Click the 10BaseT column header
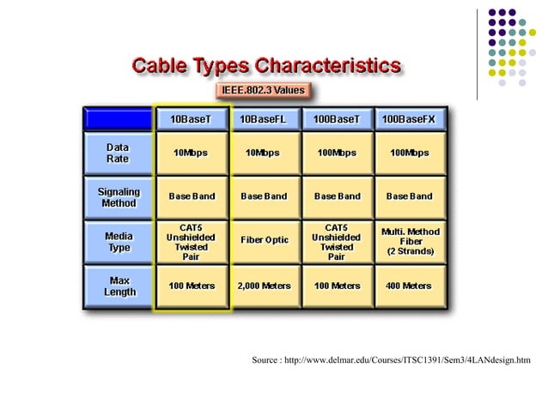[x=192, y=118]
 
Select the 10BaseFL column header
[x=264, y=118]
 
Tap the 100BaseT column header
[x=337, y=118]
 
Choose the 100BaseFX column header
[x=409, y=118]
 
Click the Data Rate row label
[x=119, y=154]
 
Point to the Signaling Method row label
[x=119, y=197]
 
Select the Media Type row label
[x=119, y=242]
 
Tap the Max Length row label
[x=119, y=286]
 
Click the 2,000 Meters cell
[x=264, y=286]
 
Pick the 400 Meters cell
[x=409, y=286]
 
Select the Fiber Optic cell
[x=264, y=240]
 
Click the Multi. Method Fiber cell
[x=409, y=241]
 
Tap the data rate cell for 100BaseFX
[x=409, y=154]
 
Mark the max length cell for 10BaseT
[x=192, y=286]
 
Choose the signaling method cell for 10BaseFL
[x=264, y=196]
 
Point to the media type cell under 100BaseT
[x=337, y=242]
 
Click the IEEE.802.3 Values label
[x=259, y=89]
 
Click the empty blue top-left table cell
[x=119, y=118]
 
